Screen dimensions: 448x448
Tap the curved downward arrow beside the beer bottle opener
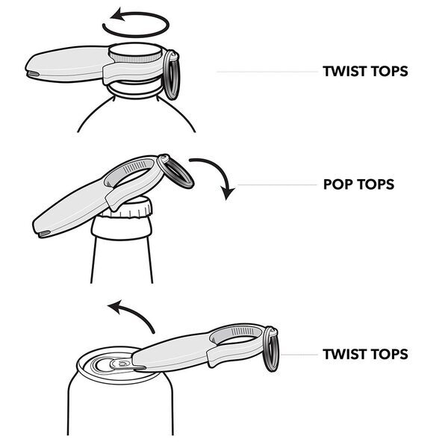click(217, 176)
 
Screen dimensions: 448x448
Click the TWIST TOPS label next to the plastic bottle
click(365, 72)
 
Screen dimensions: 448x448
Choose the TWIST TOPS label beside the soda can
click(365, 353)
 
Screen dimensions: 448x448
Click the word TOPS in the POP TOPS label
click(376, 184)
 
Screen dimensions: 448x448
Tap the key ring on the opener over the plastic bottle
click(171, 75)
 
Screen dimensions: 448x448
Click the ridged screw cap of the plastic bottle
click(134, 55)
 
